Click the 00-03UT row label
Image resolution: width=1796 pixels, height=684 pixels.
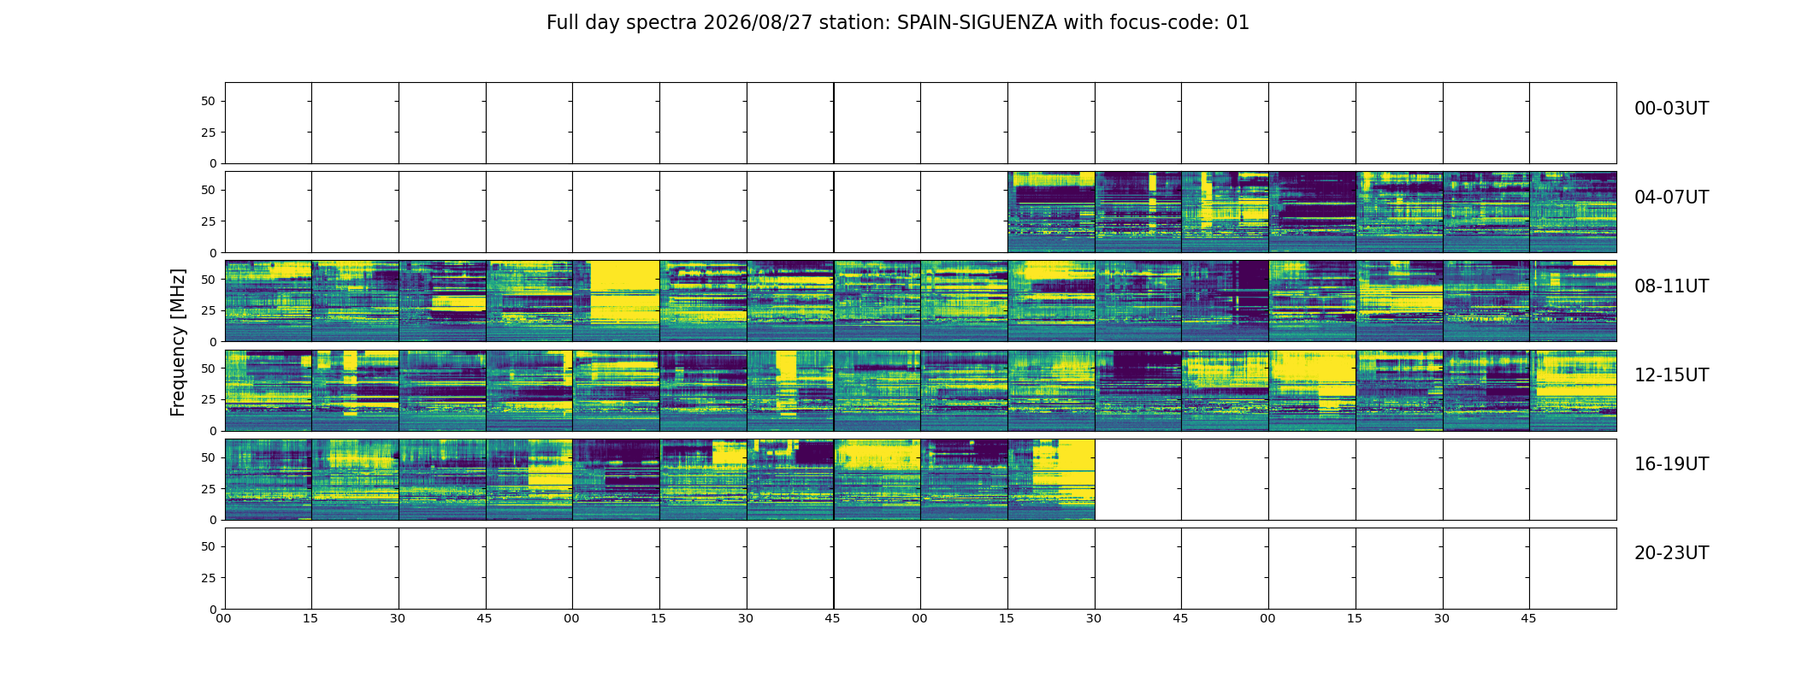(x=1671, y=109)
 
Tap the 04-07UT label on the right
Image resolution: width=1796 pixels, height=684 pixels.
(x=1671, y=198)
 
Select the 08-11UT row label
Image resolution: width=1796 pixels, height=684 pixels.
(x=1671, y=286)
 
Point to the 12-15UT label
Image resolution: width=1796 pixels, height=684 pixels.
(x=1671, y=375)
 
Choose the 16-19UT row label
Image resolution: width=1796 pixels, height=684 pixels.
(x=1671, y=464)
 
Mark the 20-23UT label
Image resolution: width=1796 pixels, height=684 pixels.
(x=1671, y=553)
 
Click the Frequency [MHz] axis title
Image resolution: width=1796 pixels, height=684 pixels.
(x=178, y=342)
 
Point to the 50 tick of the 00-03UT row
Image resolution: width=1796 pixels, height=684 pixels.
(x=209, y=101)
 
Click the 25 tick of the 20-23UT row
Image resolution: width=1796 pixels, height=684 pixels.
(x=209, y=578)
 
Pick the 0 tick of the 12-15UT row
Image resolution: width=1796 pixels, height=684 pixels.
(x=213, y=431)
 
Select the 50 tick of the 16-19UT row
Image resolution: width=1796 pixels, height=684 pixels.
(x=209, y=457)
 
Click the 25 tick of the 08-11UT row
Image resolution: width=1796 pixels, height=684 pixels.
(x=209, y=310)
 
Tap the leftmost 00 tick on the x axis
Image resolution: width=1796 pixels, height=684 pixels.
(x=223, y=618)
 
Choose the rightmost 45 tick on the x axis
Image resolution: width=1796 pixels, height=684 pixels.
(x=1528, y=618)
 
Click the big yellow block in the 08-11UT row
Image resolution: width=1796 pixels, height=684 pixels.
(x=624, y=292)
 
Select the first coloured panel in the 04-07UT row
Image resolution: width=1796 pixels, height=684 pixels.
(x=1051, y=212)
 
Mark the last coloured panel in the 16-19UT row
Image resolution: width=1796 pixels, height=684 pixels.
(x=1051, y=479)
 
